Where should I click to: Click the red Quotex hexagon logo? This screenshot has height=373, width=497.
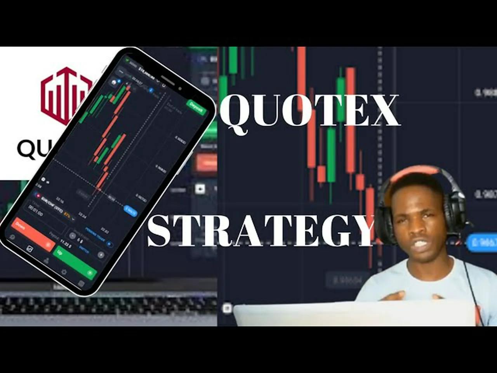pos(66,95)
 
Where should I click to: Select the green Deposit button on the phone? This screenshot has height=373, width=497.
pos(196,107)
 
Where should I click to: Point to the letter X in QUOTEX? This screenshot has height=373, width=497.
pos(381,111)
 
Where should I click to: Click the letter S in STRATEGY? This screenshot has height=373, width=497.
pos(160,231)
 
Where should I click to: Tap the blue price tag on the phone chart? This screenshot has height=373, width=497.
pos(130,211)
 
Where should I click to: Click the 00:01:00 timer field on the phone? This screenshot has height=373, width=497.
pos(36,213)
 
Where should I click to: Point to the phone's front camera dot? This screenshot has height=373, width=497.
pos(180,89)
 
